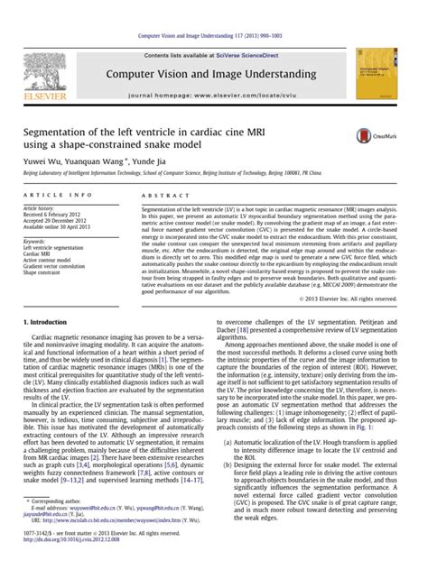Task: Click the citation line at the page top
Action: (213, 35)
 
